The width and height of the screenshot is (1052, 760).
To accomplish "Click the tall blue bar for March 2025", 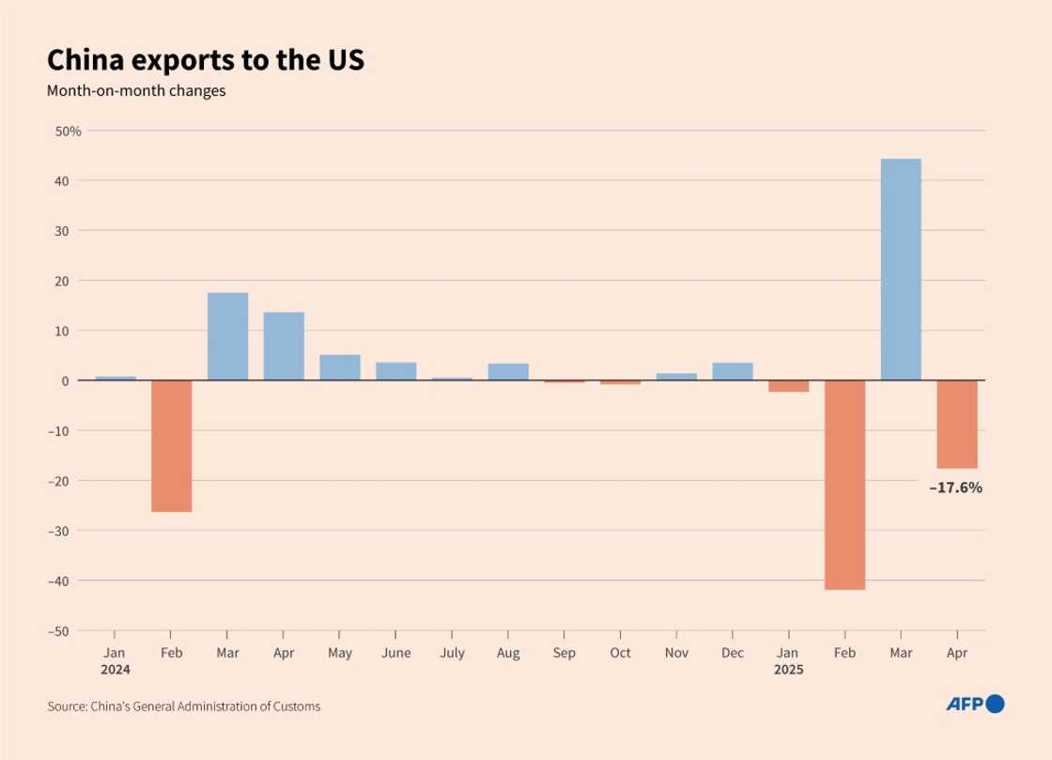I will click(901, 270).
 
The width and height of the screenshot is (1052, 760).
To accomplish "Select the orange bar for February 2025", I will click(844, 485).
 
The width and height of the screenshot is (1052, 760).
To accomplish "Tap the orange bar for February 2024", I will click(172, 446).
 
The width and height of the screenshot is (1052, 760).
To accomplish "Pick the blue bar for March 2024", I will click(227, 336).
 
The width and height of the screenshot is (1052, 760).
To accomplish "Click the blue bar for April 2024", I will click(284, 347).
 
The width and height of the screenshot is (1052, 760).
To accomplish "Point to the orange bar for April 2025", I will click(957, 425).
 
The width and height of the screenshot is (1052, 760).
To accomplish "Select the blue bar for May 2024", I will click(340, 367).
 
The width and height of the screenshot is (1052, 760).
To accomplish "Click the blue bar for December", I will click(733, 371).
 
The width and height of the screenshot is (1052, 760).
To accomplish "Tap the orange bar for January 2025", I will click(788, 386).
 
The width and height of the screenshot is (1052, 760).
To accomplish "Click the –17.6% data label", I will click(955, 488).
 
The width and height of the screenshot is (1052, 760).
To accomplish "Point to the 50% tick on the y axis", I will click(69, 131).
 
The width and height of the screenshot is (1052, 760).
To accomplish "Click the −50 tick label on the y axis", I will click(66, 630).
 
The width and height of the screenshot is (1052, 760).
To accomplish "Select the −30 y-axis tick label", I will click(66, 531).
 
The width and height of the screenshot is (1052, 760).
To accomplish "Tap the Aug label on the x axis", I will click(508, 652).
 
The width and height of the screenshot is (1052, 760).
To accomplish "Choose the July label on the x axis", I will click(452, 652).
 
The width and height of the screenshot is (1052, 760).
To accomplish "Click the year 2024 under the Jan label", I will click(116, 671).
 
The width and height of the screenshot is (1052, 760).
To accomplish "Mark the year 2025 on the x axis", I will click(788, 671).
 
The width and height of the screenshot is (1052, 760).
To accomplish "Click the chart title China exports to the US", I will click(206, 61).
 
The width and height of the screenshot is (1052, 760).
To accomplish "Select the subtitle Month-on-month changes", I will click(136, 92).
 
